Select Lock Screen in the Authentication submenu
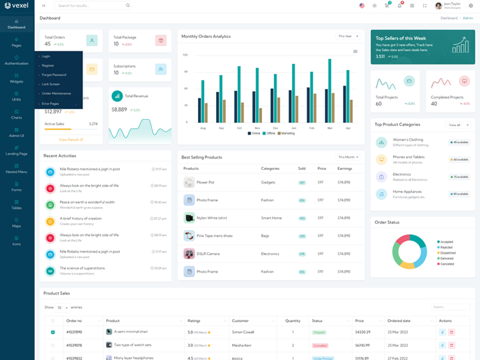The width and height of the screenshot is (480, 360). [51, 84]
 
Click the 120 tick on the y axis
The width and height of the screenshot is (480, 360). [185, 55]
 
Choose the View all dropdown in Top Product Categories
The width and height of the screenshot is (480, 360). [456, 125]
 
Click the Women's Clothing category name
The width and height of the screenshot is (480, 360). [408, 140]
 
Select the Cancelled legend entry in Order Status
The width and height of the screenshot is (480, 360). [446, 264]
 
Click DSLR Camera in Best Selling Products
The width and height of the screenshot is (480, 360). [208, 254]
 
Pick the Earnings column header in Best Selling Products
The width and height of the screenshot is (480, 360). [344, 169]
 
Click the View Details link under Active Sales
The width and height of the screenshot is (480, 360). [71, 139]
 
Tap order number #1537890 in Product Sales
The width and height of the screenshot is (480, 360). [74, 332]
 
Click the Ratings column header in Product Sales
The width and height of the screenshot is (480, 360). [194, 320]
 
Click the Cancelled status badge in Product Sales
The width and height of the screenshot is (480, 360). [320, 345]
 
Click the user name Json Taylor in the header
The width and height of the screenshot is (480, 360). [452, 4]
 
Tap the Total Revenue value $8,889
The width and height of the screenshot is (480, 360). [119, 110]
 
